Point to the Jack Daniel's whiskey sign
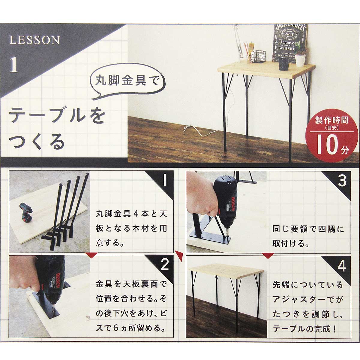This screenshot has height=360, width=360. click(x=290, y=43)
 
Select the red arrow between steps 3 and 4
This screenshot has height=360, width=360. click(x=268, y=256)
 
